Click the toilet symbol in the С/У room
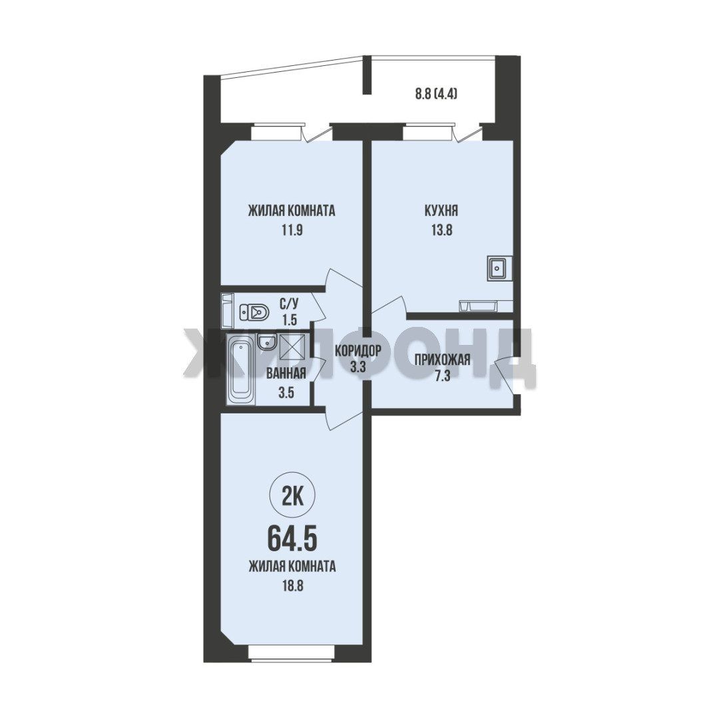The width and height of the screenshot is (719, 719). click(254, 313)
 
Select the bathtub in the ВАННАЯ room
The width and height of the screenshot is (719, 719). click(241, 369)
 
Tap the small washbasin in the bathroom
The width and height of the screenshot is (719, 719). click(266, 342)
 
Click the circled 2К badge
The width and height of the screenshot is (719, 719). click(292, 497)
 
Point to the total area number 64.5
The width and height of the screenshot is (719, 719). click(292, 539)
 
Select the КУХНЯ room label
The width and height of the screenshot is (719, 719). click(441, 211)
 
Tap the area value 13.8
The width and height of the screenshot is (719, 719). click(441, 230)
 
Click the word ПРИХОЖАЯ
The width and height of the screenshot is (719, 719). click(443, 359)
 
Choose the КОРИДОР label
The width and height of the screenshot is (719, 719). click(358, 352)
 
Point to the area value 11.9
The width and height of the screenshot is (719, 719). click(292, 230)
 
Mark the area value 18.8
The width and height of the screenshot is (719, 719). click(292, 586)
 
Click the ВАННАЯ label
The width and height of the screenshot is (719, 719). click(286, 373)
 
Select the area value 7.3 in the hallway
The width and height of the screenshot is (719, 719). click(443, 377)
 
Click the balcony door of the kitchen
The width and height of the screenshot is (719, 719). click(467, 130)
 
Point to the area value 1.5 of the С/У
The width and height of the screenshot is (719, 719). click(290, 320)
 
